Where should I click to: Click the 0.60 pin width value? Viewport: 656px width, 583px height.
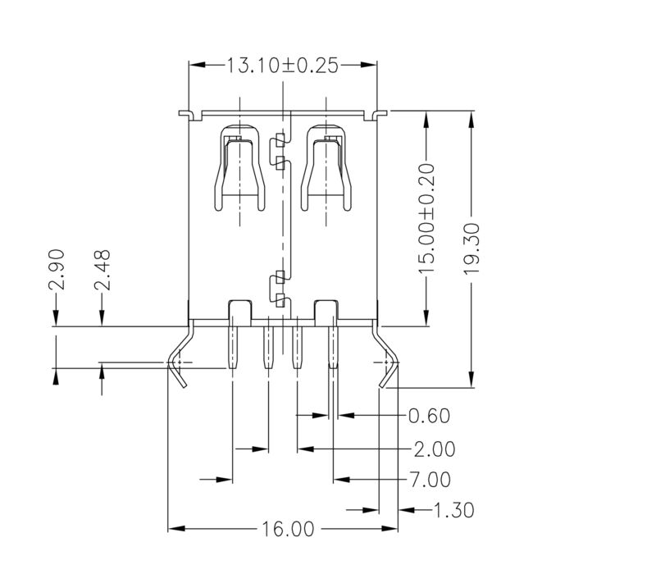pyautogui.click(x=429, y=416)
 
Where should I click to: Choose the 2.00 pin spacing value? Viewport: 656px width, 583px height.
pyautogui.click(x=435, y=449)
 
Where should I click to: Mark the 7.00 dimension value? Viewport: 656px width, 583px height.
pyautogui.click(x=429, y=479)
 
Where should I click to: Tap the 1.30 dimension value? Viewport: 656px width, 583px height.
pyautogui.click(x=453, y=510)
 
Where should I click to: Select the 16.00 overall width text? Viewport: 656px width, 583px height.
pyautogui.click(x=288, y=530)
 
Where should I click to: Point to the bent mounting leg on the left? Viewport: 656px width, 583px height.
pyautogui.click(x=179, y=357)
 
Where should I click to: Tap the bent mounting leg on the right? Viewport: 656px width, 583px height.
pyautogui.click(x=388, y=357)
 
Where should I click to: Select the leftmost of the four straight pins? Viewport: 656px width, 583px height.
pyautogui.click(x=233, y=348)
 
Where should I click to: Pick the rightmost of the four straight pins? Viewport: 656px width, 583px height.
pyautogui.click(x=333, y=348)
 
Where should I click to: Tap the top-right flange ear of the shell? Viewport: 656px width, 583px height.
pyautogui.click(x=379, y=112)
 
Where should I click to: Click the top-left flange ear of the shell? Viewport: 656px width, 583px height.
pyautogui.click(x=185, y=112)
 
